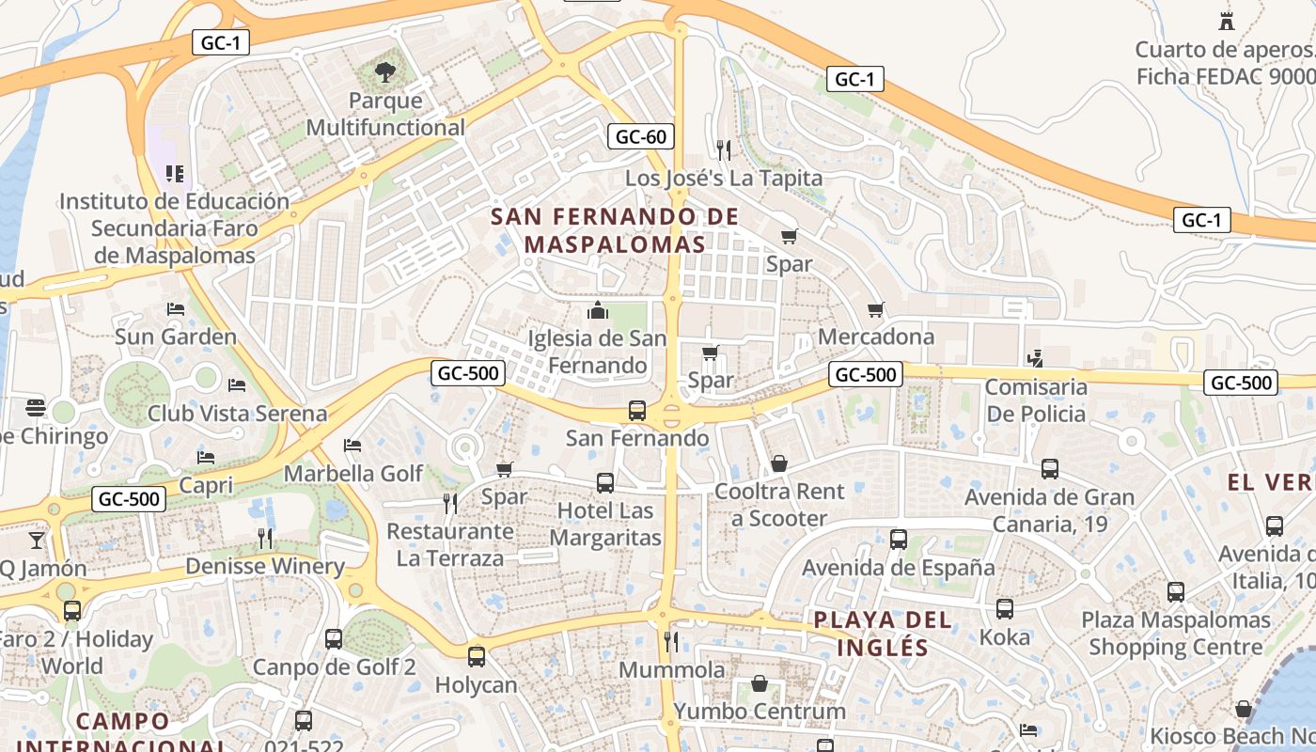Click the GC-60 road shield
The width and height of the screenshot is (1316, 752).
pyautogui.click(x=641, y=136)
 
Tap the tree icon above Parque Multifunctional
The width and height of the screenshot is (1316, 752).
pyautogui.click(x=384, y=70)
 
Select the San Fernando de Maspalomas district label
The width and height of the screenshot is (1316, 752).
pyautogui.click(x=615, y=230)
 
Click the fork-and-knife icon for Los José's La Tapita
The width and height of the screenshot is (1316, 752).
pyautogui.click(x=723, y=149)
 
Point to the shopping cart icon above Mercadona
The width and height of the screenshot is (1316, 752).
pyautogui.click(x=876, y=308)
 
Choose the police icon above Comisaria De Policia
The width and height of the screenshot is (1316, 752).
pyautogui.click(x=1035, y=358)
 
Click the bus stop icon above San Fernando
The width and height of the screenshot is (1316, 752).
pyautogui.click(x=637, y=410)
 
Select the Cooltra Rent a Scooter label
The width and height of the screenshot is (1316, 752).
pyautogui.click(x=779, y=505)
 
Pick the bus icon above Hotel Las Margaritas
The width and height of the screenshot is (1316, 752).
pyautogui.click(x=605, y=483)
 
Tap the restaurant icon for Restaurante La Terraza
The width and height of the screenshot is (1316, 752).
pyautogui.click(x=450, y=504)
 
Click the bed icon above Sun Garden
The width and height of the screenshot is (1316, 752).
pyautogui.click(x=176, y=308)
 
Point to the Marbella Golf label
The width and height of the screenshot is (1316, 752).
pyautogui.click(x=353, y=473)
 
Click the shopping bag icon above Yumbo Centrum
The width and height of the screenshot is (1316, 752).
pyautogui.click(x=759, y=683)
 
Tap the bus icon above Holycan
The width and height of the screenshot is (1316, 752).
pyautogui.click(x=477, y=656)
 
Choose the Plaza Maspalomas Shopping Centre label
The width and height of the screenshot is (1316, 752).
pyautogui.click(x=1175, y=634)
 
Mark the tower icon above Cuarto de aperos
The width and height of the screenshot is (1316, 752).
pyautogui.click(x=1226, y=21)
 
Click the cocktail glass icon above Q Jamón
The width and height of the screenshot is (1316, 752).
pyautogui.click(x=36, y=540)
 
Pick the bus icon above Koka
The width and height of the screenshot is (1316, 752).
pyautogui.click(x=1005, y=608)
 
